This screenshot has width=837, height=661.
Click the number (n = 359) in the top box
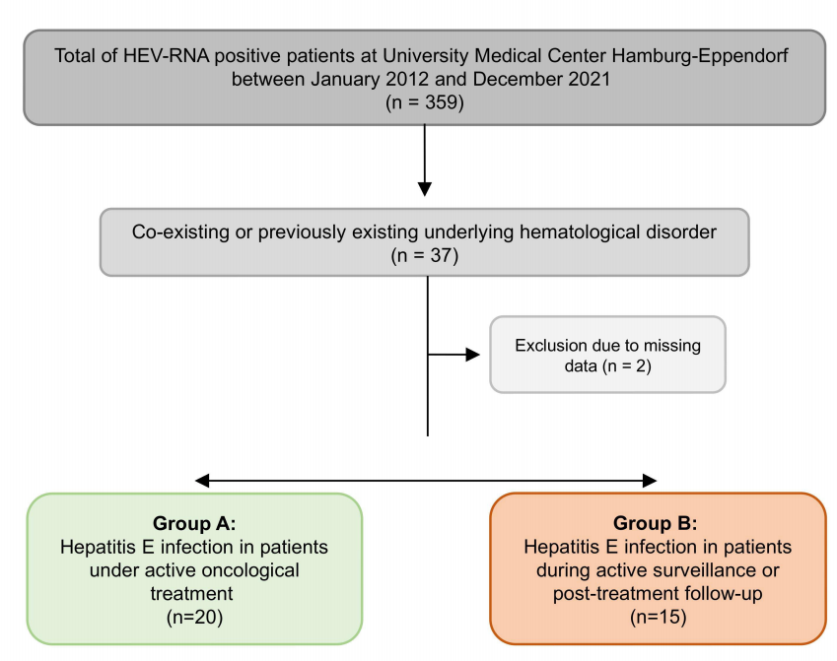pyautogui.click(x=424, y=101)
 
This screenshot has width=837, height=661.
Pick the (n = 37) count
pyautogui.click(x=424, y=255)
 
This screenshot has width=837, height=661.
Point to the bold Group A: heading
pyautogui.click(x=194, y=523)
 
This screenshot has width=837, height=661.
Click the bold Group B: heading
pyautogui.click(x=655, y=523)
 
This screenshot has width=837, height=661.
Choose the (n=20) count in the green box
pyautogui.click(x=194, y=618)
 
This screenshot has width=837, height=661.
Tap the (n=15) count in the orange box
pyautogui.click(x=659, y=618)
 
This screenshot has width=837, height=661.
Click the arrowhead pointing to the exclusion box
pyautogui.click(x=473, y=355)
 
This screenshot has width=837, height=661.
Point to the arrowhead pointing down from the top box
pyautogui.click(x=425, y=189)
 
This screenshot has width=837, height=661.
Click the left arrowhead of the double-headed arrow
pyautogui.click(x=202, y=481)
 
